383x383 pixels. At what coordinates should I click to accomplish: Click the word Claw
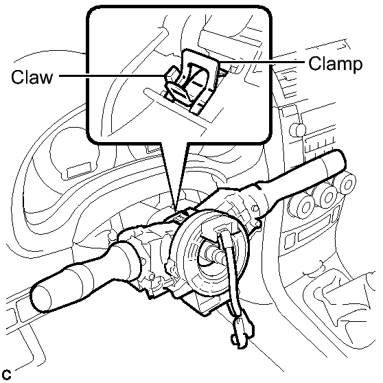click(x=32, y=77)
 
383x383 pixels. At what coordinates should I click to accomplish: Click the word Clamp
click(x=336, y=64)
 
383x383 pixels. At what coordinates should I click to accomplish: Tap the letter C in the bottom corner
click(x=8, y=375)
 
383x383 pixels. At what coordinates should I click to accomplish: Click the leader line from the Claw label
click(x=112, y=76)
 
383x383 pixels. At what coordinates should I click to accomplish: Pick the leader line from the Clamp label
click(x=262, y=62)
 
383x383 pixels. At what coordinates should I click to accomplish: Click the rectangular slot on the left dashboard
click(x=80, y=169)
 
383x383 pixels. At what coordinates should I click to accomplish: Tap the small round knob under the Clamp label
click(x=297, y=130)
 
